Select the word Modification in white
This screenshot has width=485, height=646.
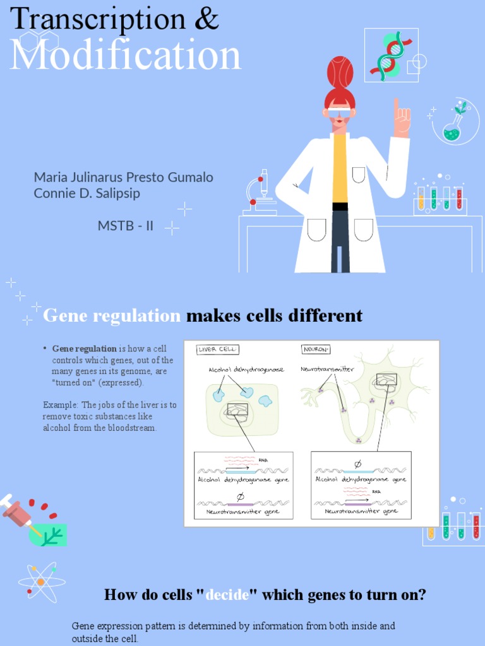[x=125, y=55]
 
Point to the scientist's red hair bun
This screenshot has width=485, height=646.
[x=340, y=72]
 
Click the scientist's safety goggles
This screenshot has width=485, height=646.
[x=340, y=112]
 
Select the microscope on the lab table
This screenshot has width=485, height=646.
[x=260, y=193]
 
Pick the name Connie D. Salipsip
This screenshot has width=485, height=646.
[x=87, y=193]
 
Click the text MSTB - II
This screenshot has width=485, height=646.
[x=126, y=225]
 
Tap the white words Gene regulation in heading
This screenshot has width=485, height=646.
[x=112, y=315]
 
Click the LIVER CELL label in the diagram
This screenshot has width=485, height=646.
[x=217, y=349]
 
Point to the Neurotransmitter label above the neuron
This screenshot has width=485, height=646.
[x=327, y=369]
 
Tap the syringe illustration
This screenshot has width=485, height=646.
[x=19, y=510]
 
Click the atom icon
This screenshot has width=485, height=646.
[x=39, y=581]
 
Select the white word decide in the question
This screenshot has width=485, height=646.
[x=227, y=594]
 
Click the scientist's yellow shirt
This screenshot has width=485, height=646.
[x=340, y=167]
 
